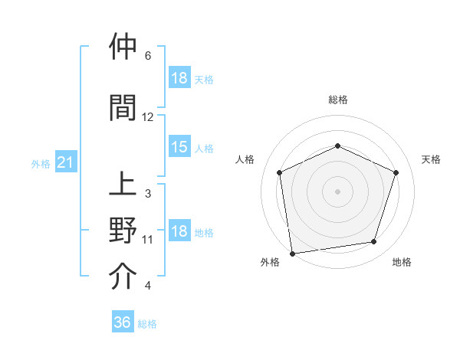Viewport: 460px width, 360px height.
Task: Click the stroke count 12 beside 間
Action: tap(148, 117)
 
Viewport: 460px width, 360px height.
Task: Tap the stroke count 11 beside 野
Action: tap(148, 240)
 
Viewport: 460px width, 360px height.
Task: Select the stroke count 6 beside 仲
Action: tap(148, 56)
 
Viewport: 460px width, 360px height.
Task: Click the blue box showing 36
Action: tap(123, 322)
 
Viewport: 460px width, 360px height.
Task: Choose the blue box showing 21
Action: tap(66, 163)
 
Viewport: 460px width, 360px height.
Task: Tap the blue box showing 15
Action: tap(179, 147)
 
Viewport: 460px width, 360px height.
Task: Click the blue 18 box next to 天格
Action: tap(179, 79)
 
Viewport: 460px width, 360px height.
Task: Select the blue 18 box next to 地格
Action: tap(179, 232)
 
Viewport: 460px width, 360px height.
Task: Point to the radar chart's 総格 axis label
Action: tap(338, 100)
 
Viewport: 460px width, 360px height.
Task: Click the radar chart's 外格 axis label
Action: tap(270, 262)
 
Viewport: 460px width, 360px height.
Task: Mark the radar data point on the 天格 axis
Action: tap(396, 172)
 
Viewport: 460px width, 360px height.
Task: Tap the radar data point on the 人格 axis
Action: tap(280, 172)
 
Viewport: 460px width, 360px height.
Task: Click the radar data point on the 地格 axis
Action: tap(374, 242)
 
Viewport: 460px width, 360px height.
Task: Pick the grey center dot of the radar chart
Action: tap(338, 191)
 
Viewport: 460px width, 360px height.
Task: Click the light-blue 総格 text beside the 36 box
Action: tap(147, 324)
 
